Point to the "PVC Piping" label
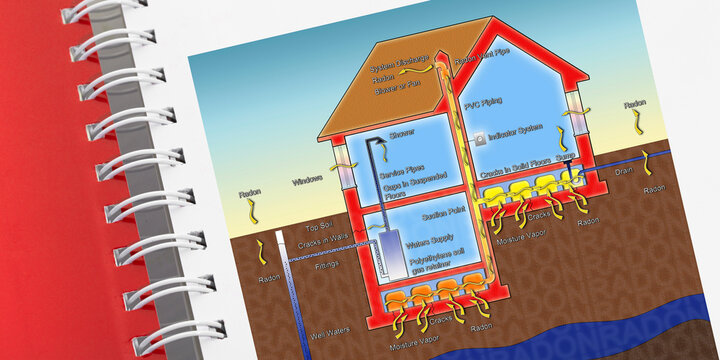tap(509, 102)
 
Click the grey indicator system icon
tap(480, 134)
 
